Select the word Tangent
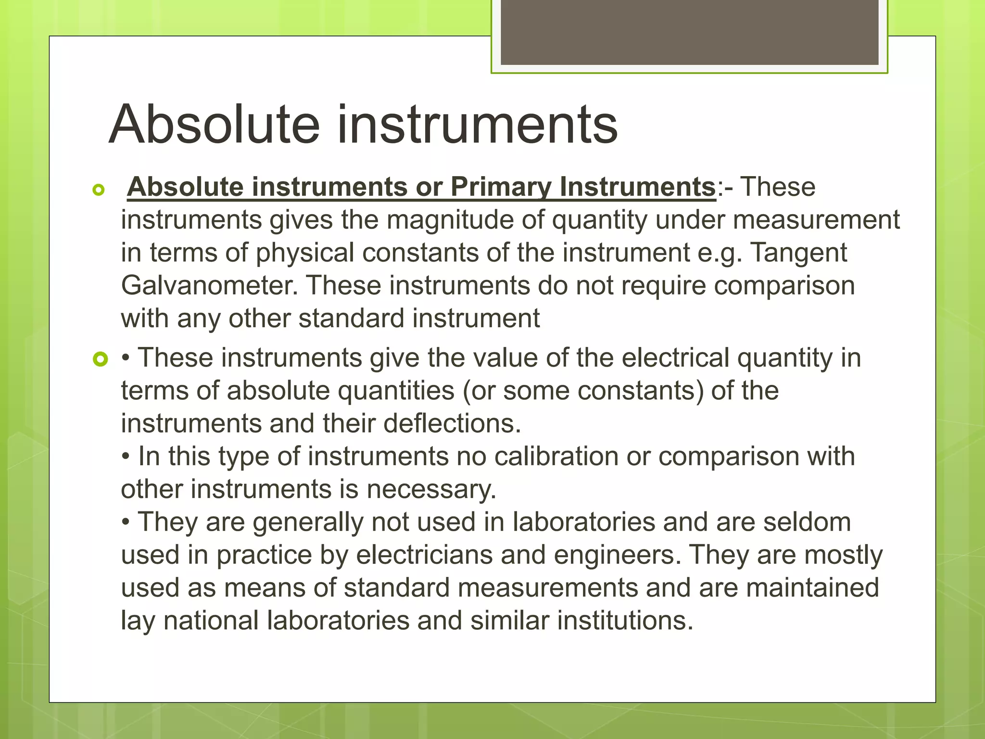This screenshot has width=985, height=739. [798, 253]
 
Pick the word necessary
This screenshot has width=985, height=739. [431, 489]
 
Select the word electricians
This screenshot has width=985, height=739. [424, 555]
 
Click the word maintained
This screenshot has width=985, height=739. [812, 587]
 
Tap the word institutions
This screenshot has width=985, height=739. [625, 620]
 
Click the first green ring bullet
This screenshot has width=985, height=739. [99, 191]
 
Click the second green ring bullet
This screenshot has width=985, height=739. [100, 359]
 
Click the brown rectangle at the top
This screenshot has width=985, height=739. [689, 32]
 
